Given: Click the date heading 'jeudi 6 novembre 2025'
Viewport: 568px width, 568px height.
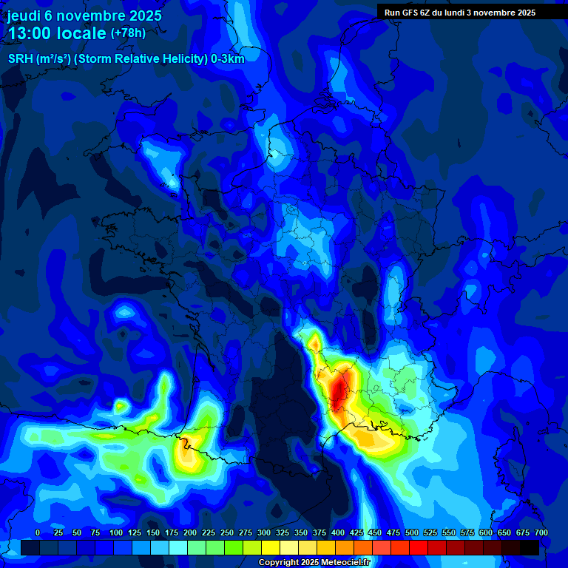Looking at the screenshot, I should tap(84, 16).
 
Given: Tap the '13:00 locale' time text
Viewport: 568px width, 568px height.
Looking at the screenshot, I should tap(57, 33).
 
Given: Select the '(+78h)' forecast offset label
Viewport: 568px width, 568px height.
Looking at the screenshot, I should tap(128, 33).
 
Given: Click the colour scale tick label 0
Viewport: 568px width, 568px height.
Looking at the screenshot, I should tap(38, 532).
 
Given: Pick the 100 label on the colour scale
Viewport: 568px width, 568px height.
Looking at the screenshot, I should tap(116, 532).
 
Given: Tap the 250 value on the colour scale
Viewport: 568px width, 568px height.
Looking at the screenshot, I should tap(227, 532).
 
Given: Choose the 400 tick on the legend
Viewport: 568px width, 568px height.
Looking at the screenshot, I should tap(338, 532).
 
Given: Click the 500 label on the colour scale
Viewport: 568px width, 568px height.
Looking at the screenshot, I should tap(412, 532).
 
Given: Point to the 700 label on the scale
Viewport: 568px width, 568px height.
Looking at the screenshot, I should tap(541, 532).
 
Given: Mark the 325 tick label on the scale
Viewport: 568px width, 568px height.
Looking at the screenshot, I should tap(283, 532).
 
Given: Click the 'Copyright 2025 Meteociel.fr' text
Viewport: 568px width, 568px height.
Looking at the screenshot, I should tap(314, 563).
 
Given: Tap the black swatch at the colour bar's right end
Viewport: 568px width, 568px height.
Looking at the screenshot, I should tap(530, 547).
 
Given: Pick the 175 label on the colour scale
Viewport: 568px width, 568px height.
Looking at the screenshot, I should tap(172, 532).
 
